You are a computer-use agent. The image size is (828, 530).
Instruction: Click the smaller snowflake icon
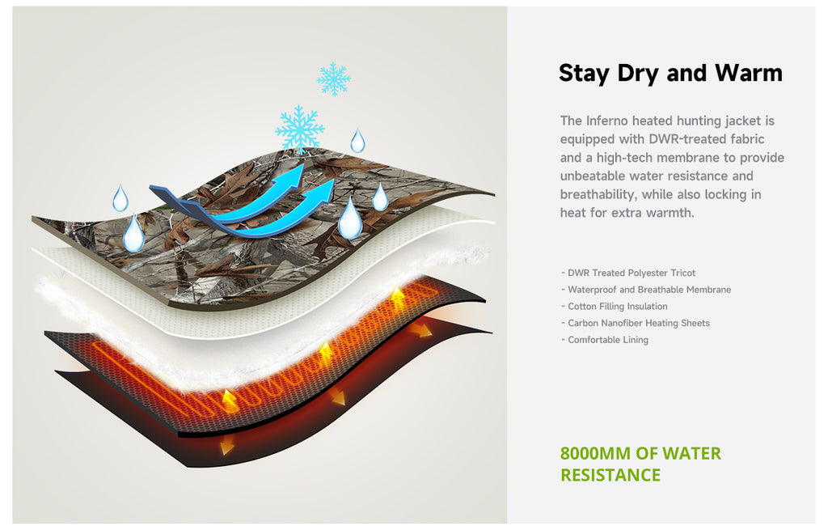(334, 79)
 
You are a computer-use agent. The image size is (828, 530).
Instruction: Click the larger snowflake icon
(300, 129)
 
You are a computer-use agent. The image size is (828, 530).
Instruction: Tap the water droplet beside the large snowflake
(357, 141)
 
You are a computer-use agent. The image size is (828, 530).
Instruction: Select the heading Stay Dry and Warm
(670, 74)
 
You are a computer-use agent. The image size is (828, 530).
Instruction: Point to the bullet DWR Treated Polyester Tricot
(628, 273)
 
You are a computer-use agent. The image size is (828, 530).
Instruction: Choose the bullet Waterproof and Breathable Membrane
(646, 290)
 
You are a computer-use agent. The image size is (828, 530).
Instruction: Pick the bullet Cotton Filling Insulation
(615, 307)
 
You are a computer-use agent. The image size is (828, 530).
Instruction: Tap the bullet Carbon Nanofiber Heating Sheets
(636, 323)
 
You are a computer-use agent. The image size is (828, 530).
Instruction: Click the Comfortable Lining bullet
(605, 340)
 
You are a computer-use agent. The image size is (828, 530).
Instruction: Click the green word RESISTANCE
(610, 475)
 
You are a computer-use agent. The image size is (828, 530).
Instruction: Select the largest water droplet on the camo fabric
(350, 218)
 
